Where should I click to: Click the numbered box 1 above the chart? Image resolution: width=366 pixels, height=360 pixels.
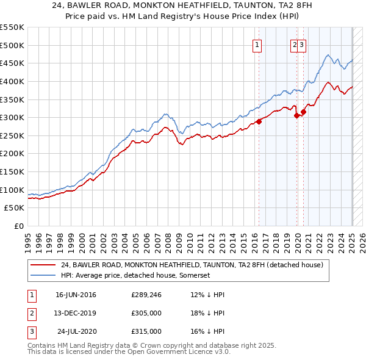point(257,45)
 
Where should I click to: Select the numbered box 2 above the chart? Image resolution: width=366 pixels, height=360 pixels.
point(295,45)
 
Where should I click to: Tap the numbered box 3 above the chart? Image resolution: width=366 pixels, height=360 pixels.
point(302,45)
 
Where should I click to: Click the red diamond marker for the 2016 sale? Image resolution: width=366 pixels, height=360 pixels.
point(259,121)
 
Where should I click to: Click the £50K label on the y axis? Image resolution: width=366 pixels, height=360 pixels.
point(15,208)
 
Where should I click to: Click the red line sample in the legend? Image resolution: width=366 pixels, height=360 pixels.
point(43,265)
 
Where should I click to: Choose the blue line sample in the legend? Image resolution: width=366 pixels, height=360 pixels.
point(43,275)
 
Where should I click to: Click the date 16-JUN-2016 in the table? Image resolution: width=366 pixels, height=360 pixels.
point(76,295)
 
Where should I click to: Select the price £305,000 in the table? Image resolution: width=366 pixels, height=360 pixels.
point(146,314)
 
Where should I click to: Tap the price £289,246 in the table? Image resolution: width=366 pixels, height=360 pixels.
point(146,295)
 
